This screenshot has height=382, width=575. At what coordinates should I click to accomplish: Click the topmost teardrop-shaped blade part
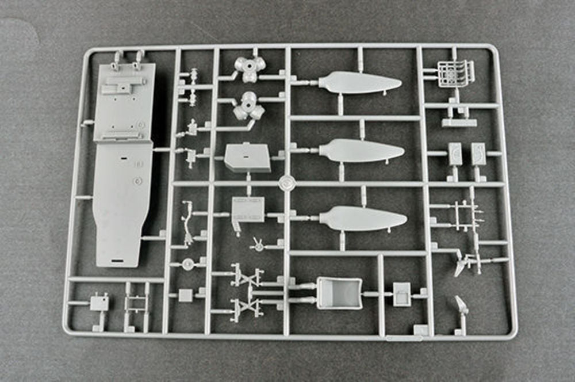(x=359, y=83)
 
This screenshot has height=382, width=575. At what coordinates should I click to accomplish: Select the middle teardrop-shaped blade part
(x=361, y=151)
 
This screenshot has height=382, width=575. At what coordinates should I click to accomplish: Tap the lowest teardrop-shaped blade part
(x=362, y=219)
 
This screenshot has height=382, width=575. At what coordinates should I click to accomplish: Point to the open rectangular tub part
(x=339, y=293)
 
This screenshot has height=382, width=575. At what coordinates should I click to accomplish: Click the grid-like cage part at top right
(x=455, y=74)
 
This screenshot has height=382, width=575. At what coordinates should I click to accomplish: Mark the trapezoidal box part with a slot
(x=247, y=157)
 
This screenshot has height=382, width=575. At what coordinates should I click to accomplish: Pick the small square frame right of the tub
(x=402, y=293)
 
